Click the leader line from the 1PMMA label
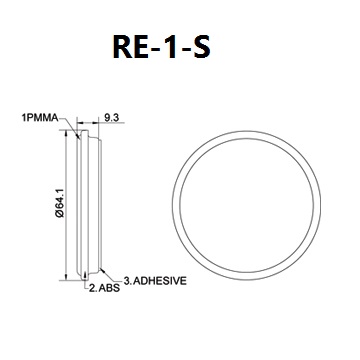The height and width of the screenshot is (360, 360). tap(70, 126)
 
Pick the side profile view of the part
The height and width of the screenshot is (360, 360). tap(90, 204)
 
